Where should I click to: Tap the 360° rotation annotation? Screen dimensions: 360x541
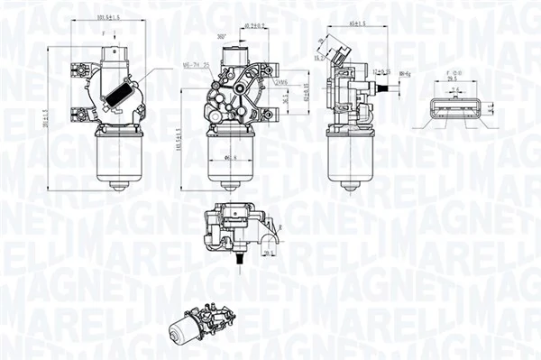pyautogui.click(x=221, y=36)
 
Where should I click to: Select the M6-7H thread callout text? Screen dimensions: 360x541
pyautogui.click(x=197, y=64)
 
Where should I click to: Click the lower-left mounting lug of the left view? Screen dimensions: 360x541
pyautogui.click(x=76, y=112)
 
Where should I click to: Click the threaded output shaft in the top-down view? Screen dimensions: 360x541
pyautogui.click(x=240, y=260)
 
